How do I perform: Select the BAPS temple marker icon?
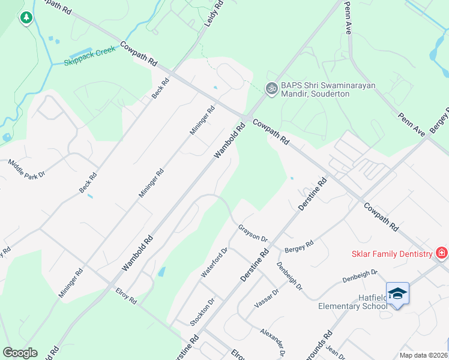click(x=271, y=88)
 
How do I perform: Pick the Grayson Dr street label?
click(x=252, y=233)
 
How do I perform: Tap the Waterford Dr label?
click(x=215, y=263)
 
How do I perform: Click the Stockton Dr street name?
click(x=207, y=308)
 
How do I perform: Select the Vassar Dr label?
click(x=267, y=298)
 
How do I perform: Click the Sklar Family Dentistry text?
click(x=391, y=254)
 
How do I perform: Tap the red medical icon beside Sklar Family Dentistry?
click(x=442, y=253)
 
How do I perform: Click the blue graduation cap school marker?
click(x=397, y=293)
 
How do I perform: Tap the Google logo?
click(x=20, y=353)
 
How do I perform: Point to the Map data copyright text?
click(x=423, y=355)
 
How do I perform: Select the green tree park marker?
click(x=26, y=18)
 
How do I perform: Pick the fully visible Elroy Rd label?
click(x=126, y=296)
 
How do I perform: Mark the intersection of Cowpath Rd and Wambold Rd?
click(x=247, y=116)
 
